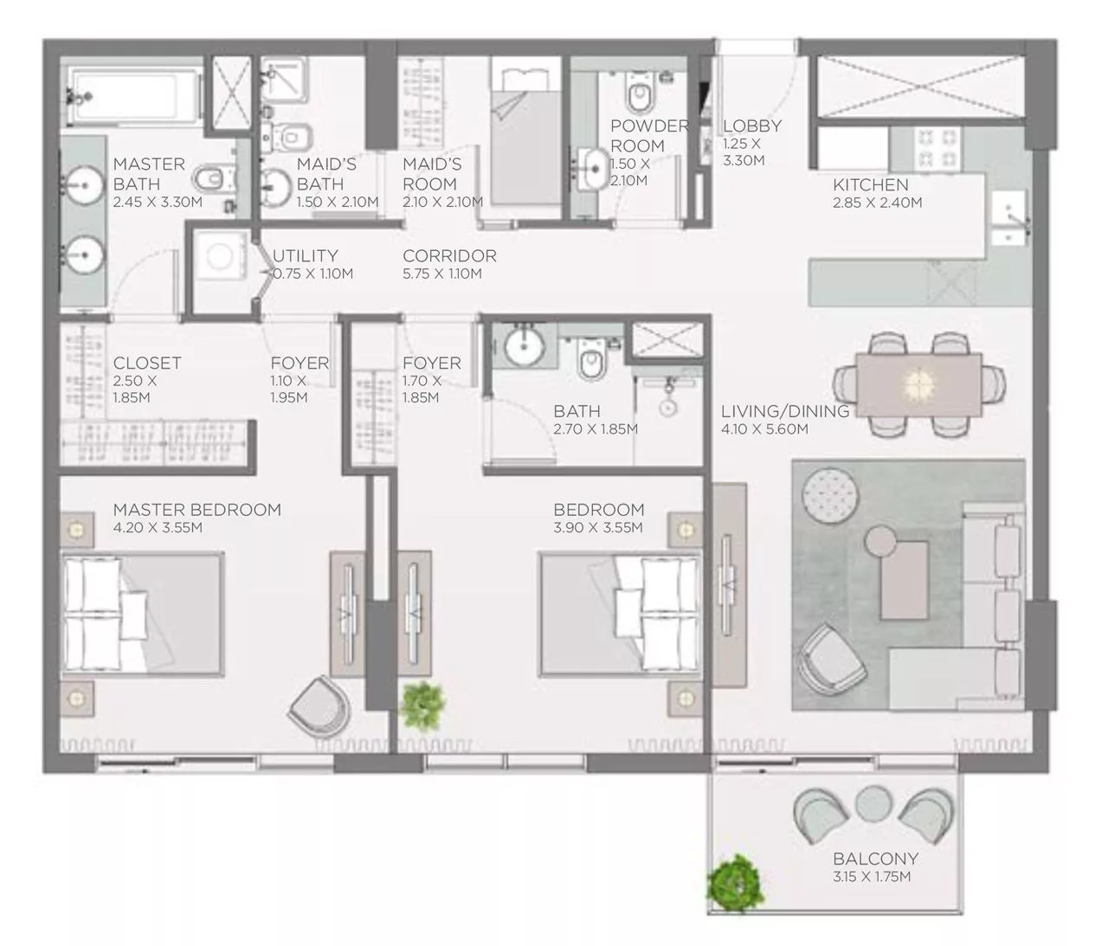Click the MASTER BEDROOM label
click(x=196, y=510)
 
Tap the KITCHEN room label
click(x=870, y=184)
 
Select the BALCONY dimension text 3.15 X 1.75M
click(x=872, y=877)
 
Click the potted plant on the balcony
click(x=736, y=880)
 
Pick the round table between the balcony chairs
click(x=873, y=804)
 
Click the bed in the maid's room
click(x=525, y=134)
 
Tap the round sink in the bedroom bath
click(x=523, y=347)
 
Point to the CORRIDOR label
click(x=449, y=256)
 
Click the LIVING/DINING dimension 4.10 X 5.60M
click(x=764, y=429)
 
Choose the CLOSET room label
click(x=147, y=364)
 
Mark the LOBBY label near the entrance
click(x=751, y=126)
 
